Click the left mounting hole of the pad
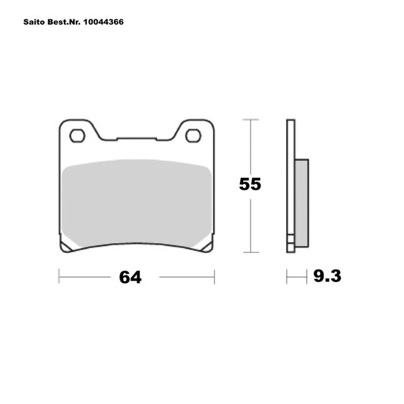click(77, 135)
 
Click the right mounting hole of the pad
click(194, 135)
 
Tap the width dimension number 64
click(130, 277)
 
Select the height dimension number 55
click(250, 184)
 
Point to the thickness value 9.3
click(327, 276)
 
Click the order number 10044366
click(103, 22)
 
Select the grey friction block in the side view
click(302, 203)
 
